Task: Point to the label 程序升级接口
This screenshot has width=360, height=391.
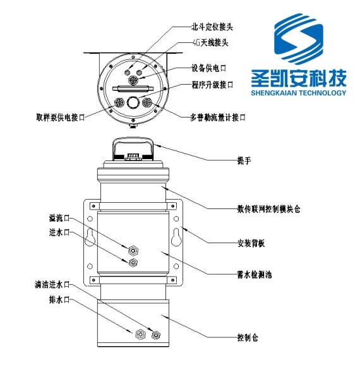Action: click(213, 84)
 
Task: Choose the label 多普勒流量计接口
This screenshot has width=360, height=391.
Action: click(217, 117)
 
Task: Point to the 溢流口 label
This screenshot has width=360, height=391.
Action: click(57, 217)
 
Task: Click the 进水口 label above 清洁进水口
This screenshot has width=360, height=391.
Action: click(57, 232)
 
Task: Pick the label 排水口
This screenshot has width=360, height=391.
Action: click(57, 299)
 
